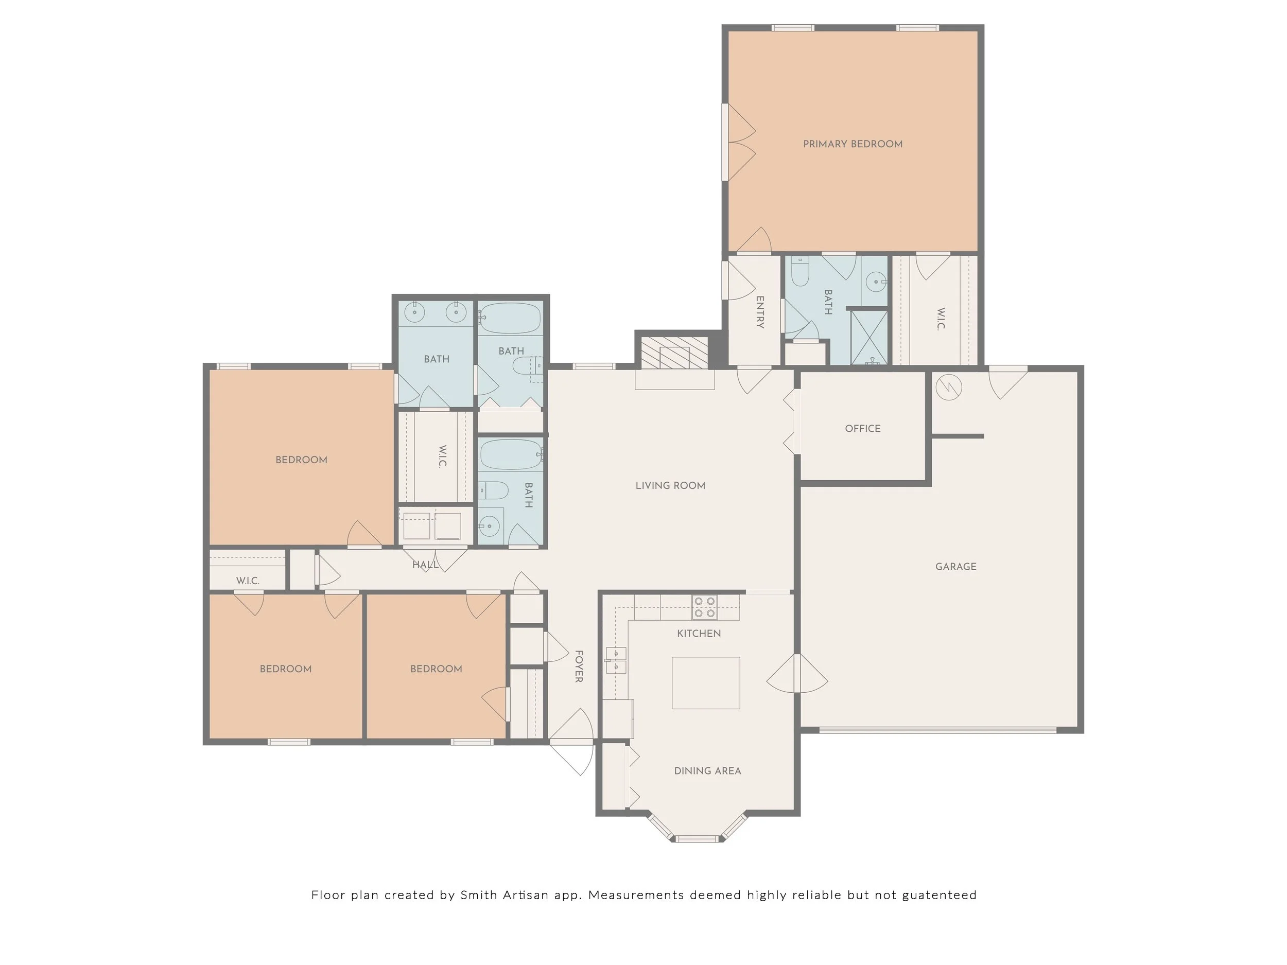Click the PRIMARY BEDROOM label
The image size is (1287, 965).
tap(853, 144)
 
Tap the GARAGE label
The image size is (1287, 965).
tap(956, 567)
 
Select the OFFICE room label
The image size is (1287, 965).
tap(863, 429)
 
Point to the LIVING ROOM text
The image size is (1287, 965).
tap(670, 486)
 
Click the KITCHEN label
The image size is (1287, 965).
tap(699, 634)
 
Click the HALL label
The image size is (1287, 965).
tap(425, 565)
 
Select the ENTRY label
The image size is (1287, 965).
tap(760, 312)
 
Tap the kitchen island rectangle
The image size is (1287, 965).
tap(706, 683)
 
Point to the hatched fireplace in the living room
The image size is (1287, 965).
tap(674, 353)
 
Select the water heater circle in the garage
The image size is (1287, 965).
tap(948, 388)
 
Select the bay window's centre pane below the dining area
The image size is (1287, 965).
tap(697, 839)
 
